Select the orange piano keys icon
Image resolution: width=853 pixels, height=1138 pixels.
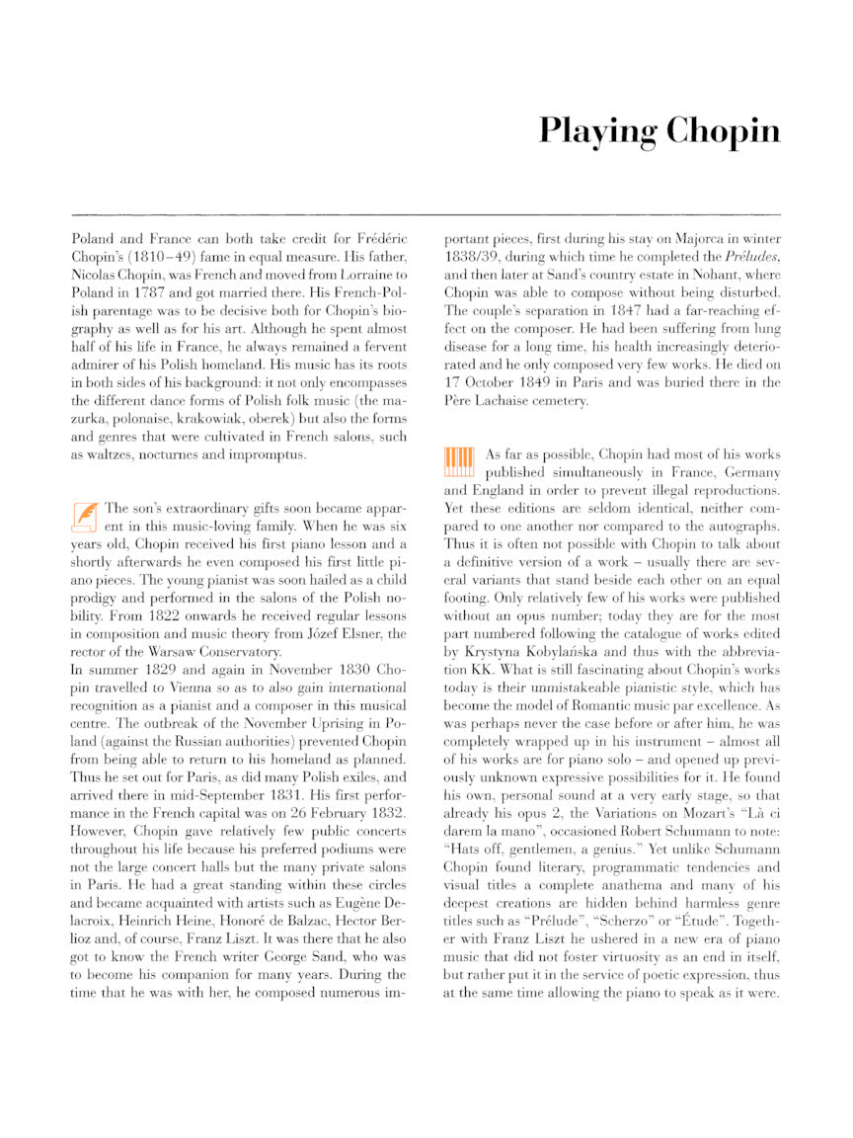coord(459,460)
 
